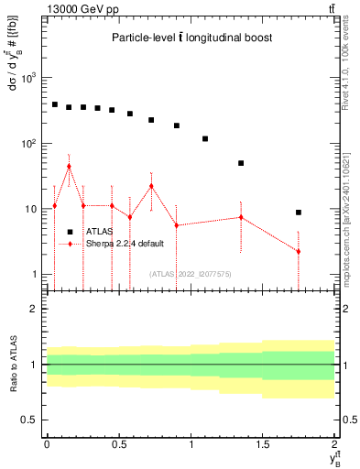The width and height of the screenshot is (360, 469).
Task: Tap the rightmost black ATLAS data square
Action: click(x=299, y=213)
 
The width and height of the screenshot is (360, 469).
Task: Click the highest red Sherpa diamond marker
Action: click(x=69, y=167)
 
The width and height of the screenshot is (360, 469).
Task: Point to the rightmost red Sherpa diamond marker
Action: click(x=299, y=252)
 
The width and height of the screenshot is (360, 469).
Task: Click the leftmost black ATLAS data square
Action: click(x=55, y=104)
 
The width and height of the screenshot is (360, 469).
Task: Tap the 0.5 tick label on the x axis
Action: click(x=118, y=442)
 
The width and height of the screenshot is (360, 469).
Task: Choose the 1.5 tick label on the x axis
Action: click(x=263, y=442)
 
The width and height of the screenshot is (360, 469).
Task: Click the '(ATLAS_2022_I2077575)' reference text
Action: click(x=190, y=273)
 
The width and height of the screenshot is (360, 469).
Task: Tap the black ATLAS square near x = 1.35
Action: click(x=241, y=163)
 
